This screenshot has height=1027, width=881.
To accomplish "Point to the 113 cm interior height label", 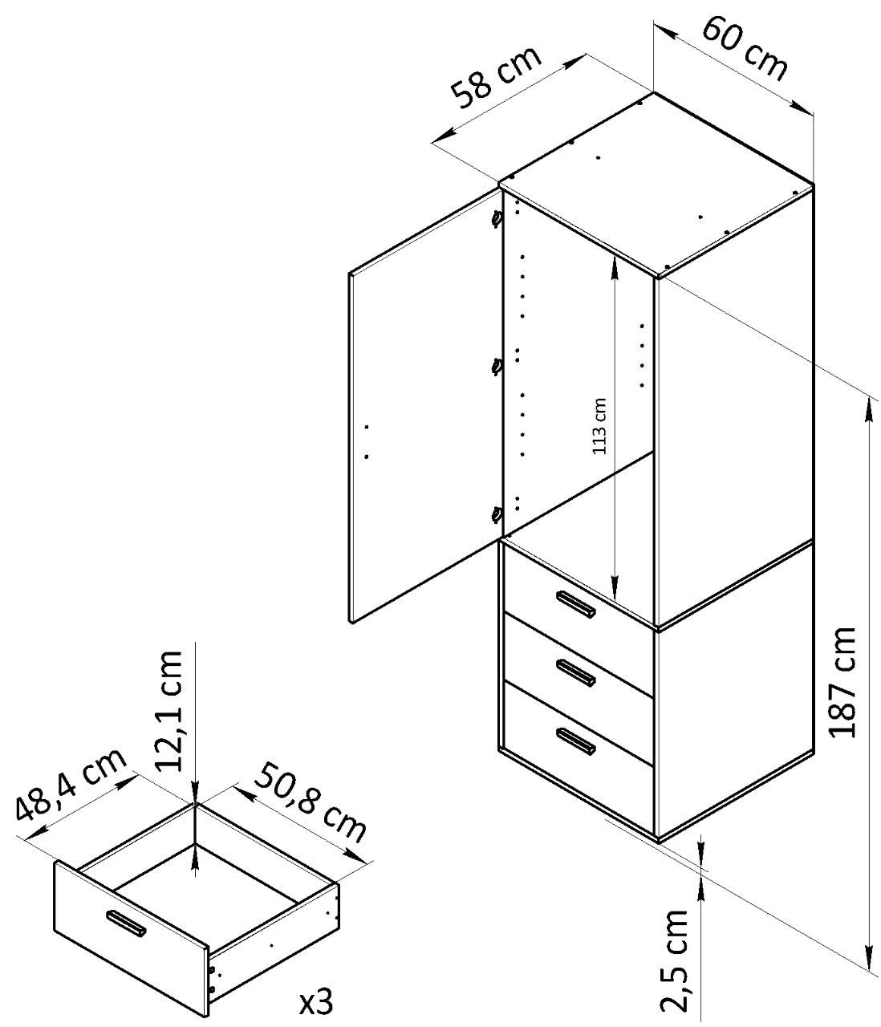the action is coord(599,427).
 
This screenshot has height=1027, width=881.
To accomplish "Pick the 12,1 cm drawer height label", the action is coord(170,709).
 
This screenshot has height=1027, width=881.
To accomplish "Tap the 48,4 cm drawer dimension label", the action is coord(71,786).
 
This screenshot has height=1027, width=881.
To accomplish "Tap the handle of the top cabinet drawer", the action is coord(574,605).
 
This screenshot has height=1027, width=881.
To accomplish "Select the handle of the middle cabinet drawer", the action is coord(574,673).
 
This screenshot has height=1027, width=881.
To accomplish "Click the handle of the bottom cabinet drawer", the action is coord(574,741).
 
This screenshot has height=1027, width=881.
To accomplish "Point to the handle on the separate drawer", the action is coord(125,923).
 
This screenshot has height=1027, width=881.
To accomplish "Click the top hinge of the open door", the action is coord(497,217).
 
